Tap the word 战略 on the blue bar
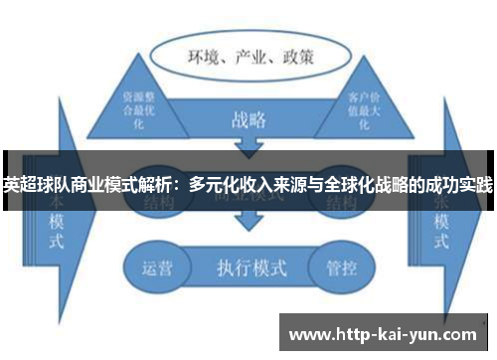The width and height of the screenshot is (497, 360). coord(248,120)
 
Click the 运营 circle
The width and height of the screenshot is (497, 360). coord(153,267)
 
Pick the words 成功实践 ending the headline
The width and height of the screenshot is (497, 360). coord(459,184)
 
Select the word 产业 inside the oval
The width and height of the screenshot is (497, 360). coord(251,56)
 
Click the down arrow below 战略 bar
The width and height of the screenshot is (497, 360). coord(248,149)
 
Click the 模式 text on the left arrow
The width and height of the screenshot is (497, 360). coord(57,227)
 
